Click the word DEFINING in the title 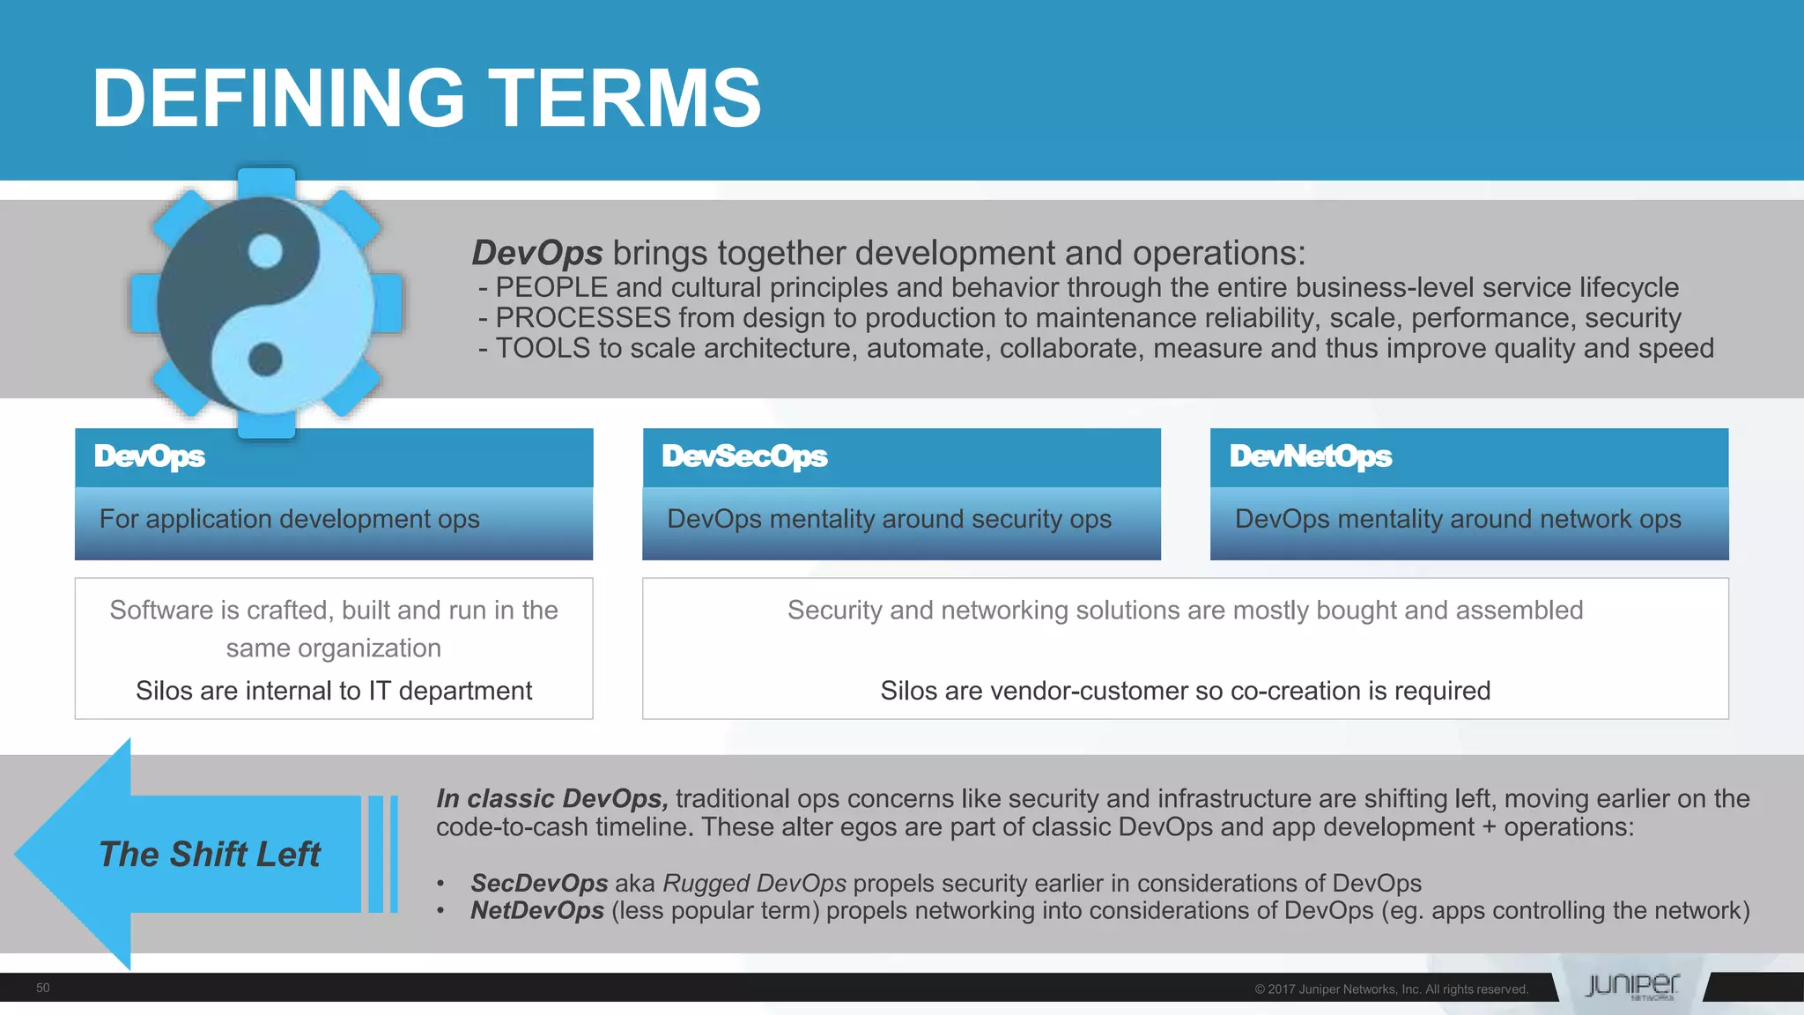click(278, 99)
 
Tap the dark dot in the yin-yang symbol click(265, 359)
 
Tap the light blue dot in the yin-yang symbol click(265, 251)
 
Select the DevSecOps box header click(744, 456)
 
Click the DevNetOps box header click(1310, 456)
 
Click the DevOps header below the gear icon click(150, 456)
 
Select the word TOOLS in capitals click(543, 349)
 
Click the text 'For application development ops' click(289, 519)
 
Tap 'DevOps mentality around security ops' click(889, 519)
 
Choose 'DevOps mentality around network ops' click(1458, 519)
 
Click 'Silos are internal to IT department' click(334, 691)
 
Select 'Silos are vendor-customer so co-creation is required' click(1185, 691)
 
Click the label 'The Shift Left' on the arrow click(210, 855)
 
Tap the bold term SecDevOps click(539, 883)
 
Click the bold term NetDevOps click(537, 910)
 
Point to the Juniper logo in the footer click(1631, 986)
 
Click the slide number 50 click(42, 988)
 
